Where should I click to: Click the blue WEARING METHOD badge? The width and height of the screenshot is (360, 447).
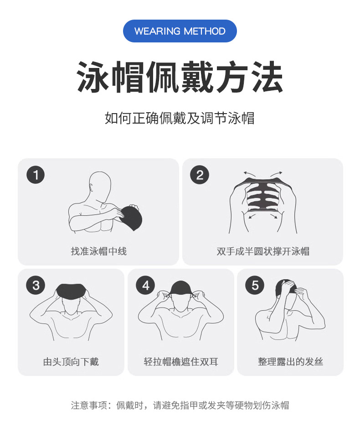click(x=180, y=31)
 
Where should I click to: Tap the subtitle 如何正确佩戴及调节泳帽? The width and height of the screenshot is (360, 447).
click(x=180, y=118)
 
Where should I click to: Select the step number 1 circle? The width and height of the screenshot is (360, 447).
click(x=36, y=175)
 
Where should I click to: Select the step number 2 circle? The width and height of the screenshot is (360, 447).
click(x=200, y=175)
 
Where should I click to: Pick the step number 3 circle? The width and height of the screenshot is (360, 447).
click(x=36, y=286)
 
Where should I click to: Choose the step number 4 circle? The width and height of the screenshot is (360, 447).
click(x=145, y=286)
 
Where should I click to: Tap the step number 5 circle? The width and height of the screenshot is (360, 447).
click(x=255, y=286)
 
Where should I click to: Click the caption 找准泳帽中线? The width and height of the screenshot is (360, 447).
click(x=98, y=251)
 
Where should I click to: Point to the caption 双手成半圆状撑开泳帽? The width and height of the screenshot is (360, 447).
click(x=263, y=251)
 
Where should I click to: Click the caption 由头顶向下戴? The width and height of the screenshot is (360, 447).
click(x=71, y=362)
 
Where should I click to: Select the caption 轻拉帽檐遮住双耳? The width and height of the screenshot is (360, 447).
click(x=181, y=362)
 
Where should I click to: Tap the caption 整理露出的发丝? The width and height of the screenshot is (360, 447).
click(x=290, y=362)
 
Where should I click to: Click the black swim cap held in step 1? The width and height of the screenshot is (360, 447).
click(x=132, y=217)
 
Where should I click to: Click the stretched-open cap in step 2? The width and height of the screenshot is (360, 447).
click(x=262, y=196)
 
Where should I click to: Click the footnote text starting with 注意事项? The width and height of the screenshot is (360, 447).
click(x=180, y=405)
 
